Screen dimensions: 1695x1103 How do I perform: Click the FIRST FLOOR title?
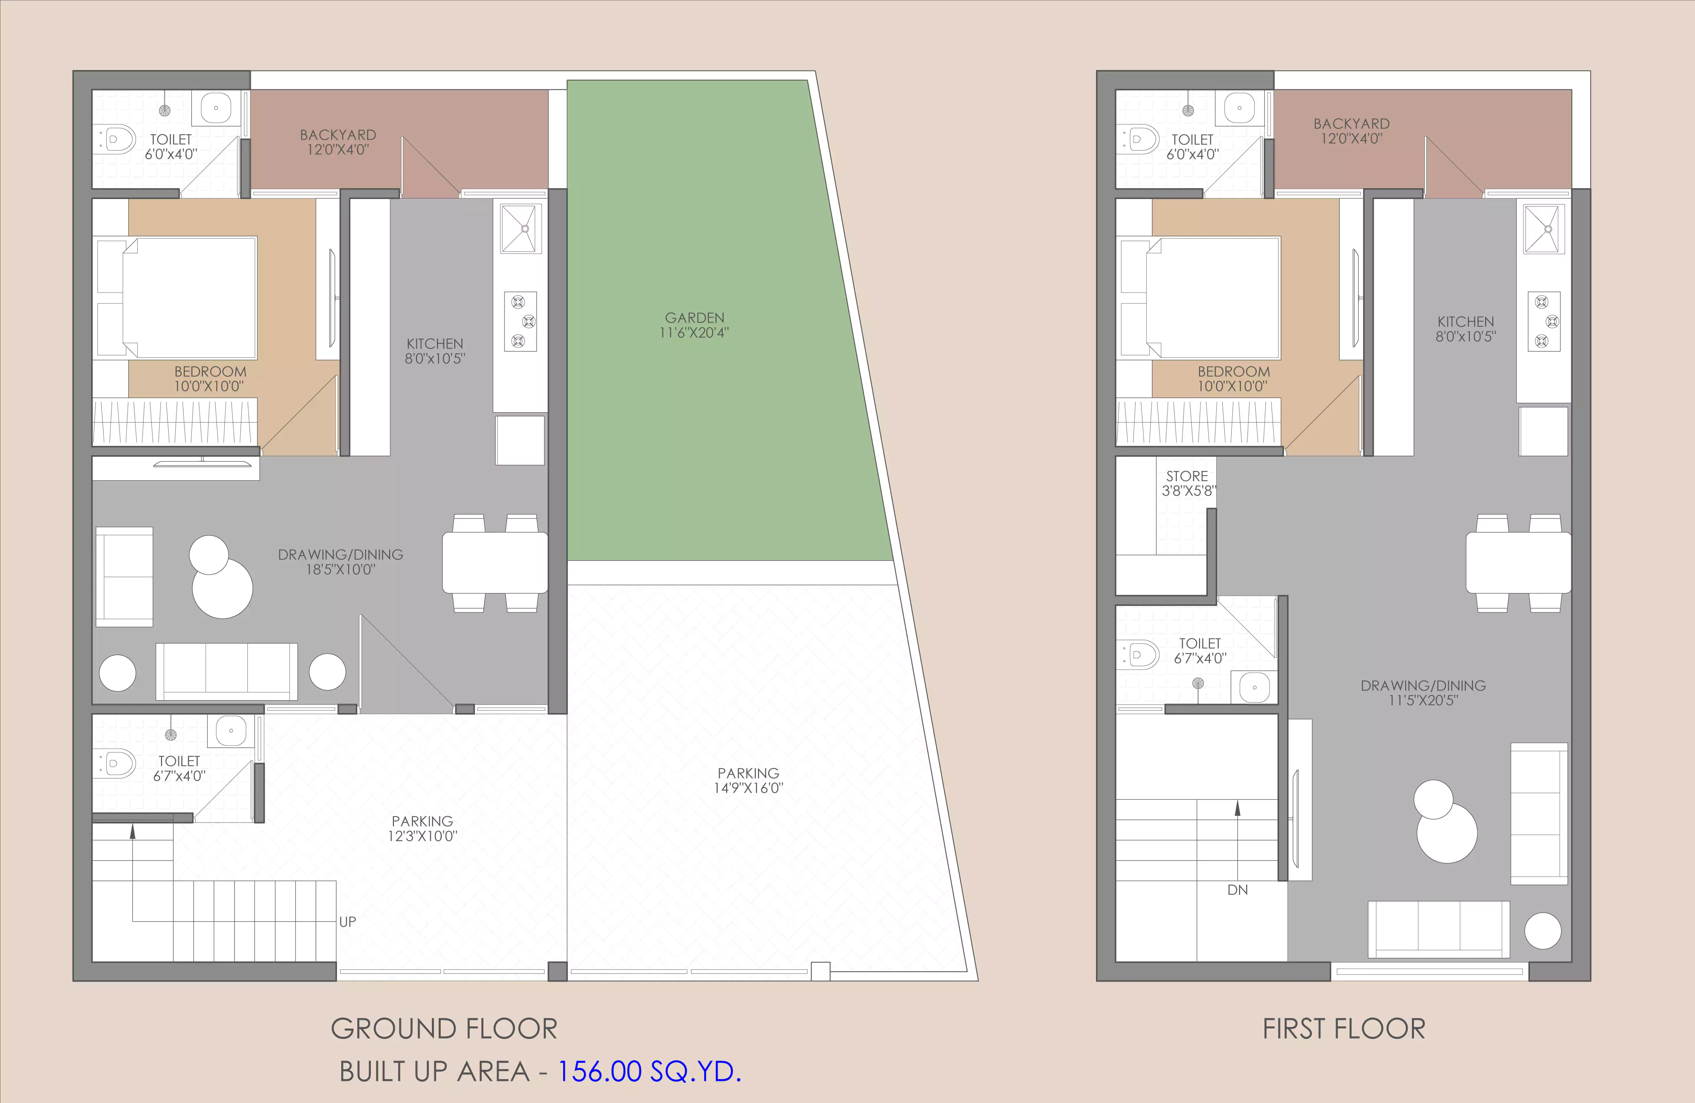click(1344, 1029)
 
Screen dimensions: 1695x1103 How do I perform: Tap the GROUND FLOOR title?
click(444, 1029)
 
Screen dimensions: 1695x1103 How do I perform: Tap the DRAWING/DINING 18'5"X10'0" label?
click(340, 562)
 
